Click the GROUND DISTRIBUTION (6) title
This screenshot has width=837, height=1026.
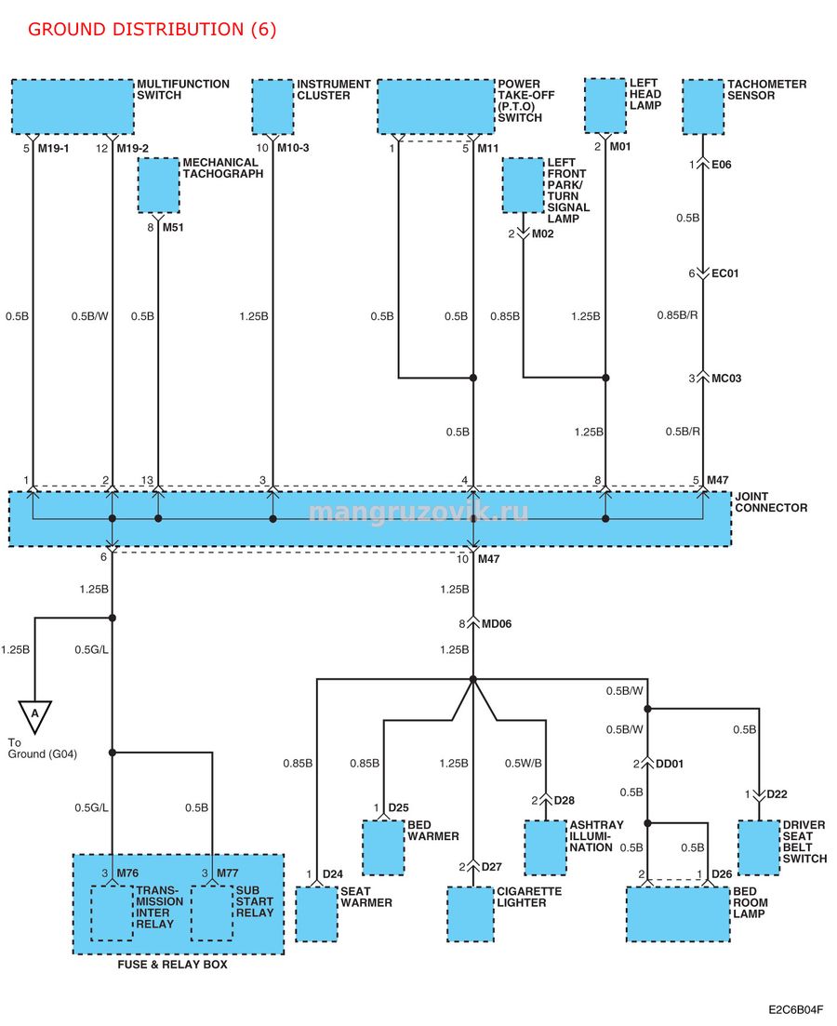pos(152,30)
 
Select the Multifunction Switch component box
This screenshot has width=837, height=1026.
pos(73,107)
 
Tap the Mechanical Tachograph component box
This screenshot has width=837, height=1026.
pos(158,185)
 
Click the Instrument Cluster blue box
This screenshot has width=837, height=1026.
pos(272,107)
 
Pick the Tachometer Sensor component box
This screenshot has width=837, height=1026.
pos(703,107)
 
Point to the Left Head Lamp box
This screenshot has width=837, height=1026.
pos(605,105)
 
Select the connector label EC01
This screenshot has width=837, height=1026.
pos(725,273)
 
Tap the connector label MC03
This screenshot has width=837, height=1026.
pos(726,379)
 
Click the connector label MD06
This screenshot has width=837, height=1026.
pos(497,624)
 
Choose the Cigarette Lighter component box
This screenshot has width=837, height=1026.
pos(471,914)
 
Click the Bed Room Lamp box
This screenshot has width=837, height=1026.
pos(678,914)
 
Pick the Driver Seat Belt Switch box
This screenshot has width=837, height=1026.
pos(759,847)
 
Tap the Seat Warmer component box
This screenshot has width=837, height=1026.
pos(317,914)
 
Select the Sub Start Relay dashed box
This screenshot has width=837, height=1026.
pos(212,913)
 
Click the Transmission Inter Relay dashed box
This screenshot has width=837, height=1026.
pos(112,913)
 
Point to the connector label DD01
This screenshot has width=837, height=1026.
pos(670,764)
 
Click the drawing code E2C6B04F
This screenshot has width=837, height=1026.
pos(796,1009)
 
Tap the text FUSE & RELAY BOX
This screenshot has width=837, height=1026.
pos(173,965)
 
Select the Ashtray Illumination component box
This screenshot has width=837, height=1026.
pos(546,847)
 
